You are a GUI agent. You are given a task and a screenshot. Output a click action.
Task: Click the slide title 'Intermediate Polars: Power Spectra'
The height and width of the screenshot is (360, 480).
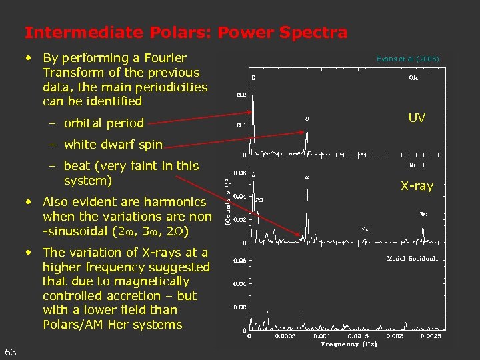185,32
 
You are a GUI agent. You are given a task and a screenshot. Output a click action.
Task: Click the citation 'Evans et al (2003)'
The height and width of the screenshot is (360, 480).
407,59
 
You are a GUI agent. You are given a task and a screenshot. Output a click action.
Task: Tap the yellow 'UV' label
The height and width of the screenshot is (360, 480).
417,118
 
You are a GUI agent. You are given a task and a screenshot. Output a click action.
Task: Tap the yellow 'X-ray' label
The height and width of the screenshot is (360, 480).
417,186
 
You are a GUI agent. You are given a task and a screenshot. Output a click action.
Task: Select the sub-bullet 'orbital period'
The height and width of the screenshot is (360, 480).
103,123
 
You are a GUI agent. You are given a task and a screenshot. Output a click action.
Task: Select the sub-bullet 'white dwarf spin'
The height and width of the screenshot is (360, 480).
113,144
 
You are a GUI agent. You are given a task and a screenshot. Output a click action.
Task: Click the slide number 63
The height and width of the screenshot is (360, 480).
11,351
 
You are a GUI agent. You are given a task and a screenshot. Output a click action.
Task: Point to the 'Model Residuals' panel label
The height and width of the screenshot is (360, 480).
413,259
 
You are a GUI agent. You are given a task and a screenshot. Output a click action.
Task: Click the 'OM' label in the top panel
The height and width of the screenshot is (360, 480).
414,77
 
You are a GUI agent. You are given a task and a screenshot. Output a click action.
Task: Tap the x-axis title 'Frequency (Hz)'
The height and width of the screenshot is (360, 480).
349,344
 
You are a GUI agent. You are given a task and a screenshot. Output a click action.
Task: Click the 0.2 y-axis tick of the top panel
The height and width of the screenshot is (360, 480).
241,95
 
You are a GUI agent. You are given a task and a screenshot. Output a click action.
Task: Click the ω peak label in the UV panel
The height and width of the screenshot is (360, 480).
307,119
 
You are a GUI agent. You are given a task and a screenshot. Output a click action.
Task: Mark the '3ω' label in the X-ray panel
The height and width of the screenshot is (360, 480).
423,214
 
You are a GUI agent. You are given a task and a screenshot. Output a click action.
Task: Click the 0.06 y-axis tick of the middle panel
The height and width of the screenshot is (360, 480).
240,172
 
